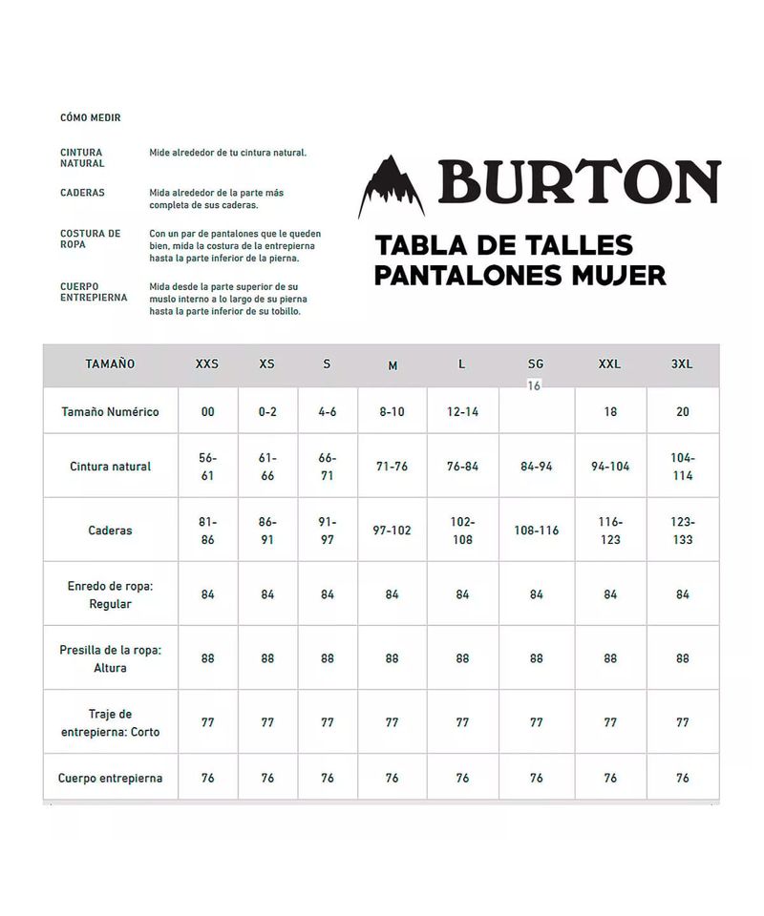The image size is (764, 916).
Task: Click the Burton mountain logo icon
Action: click(x=391, y=186)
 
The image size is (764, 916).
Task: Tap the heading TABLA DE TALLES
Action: click(x=503, y=245)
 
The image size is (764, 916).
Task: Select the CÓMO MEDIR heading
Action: click(x=91, y=118)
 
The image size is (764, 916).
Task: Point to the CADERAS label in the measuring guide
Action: click(x=82, y=193)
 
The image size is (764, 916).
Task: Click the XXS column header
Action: click(x=207, y=364)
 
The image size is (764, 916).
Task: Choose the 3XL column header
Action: click(x=682, y=364)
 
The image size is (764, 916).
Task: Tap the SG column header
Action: click(x=536, y=364)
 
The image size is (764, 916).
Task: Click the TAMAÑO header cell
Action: click(x=110, y=364)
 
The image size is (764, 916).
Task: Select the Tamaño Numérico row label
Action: click(x=110, y=412)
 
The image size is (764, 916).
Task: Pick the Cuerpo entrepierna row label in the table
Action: click(x=110, y=778)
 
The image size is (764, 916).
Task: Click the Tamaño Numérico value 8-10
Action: click(x=393, y=412)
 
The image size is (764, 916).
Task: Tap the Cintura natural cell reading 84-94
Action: click(x=536, y=467)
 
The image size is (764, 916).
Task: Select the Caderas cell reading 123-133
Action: click(x=682, y=531)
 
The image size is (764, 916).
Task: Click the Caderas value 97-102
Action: click(x=393, y=531)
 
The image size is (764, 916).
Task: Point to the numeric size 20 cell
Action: click(x=682, y=412)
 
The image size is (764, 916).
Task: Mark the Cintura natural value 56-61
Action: click(x=207, y=467)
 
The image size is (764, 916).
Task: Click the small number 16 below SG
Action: click(x=534, y=385)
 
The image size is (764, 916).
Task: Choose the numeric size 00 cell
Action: click(x=207, y=412)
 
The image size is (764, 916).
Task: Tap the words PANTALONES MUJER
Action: click(x=520, y=276)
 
